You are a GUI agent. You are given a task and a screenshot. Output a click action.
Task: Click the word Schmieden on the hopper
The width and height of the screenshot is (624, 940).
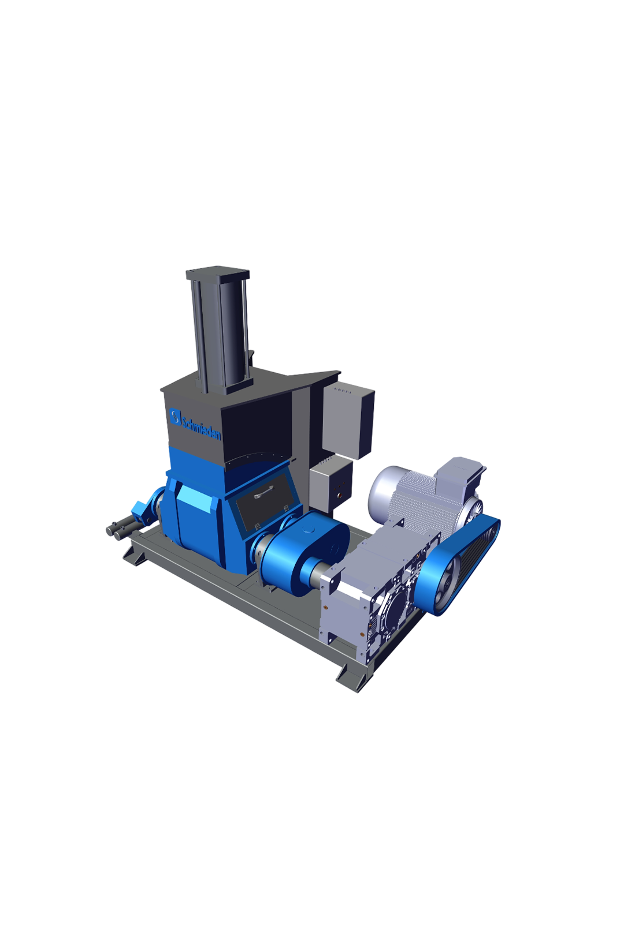click(201, 426)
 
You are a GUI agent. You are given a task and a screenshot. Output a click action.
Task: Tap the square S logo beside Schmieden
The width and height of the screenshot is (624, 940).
click(175, 417)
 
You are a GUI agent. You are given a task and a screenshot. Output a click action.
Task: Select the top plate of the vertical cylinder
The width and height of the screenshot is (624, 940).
click(218, 273)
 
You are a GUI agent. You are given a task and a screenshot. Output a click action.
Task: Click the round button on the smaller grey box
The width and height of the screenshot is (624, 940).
click(340, 495)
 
